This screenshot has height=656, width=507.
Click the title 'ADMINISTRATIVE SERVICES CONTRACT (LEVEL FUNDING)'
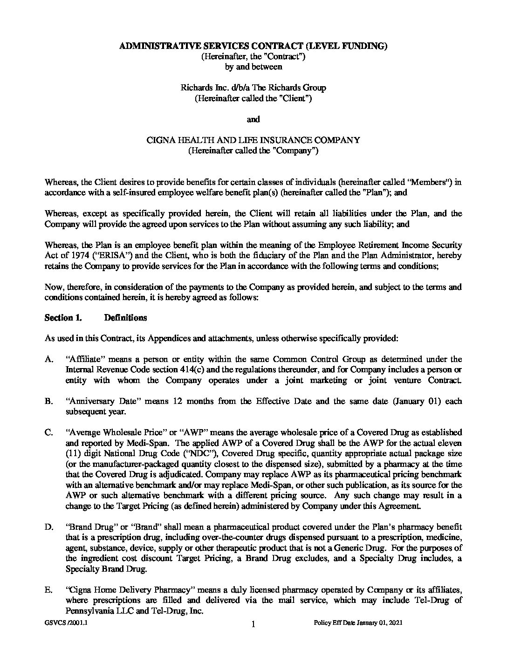(253, 46)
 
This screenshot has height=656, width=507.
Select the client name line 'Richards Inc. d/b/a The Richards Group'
(253, 88)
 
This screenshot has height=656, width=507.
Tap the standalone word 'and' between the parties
(253, 119)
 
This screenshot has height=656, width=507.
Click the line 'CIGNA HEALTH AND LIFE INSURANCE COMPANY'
(253, 140)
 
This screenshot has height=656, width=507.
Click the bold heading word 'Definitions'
(125, 318)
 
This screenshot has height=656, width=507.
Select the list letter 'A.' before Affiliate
(49, 359)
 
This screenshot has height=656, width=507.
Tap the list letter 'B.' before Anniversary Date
(49, 401)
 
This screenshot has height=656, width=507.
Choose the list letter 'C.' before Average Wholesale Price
(49, 432)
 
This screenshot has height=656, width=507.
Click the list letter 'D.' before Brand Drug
(49, 527)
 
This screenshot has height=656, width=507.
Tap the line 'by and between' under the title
(253, 67)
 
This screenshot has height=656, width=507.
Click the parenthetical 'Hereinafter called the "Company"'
(253, 150)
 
